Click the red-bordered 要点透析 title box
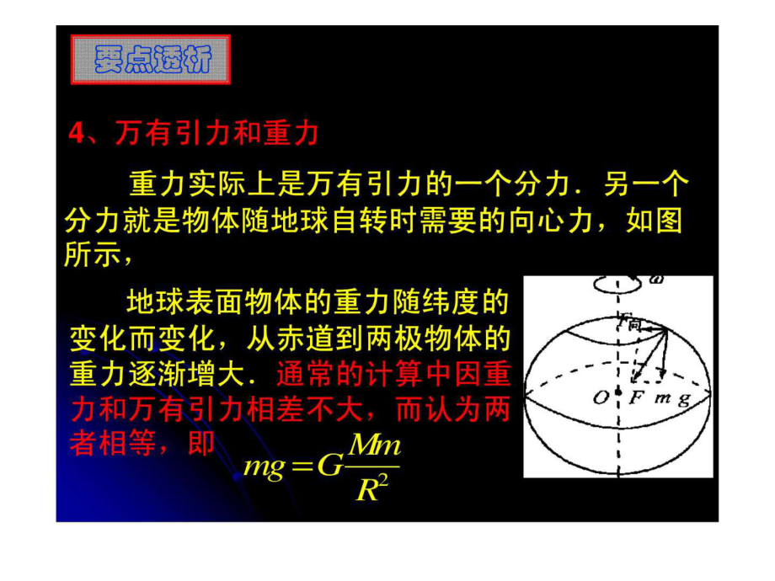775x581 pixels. pyautogui.click(x=151, y=59)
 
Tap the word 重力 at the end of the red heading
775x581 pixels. pyautogui.click(x=291, y=133)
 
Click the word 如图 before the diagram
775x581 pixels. pyautogui.click(x=654, y=220)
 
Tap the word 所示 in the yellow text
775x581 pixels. pyautogui.click(x=93, y=255)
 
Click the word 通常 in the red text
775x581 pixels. pyautogui.click(x=304, y=374)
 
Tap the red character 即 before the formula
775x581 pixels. pyautogui.click(x=201, y=442)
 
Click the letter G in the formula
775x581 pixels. pyautogui.click(x=329, y=465)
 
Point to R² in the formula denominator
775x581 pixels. pyautogui.click(x=372, y=488)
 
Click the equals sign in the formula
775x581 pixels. pyautogui.click(x=302, y=466)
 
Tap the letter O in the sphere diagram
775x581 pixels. pyautogui.click(x=601, y=397)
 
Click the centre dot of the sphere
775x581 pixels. pyautogui.click(x=617, y=392)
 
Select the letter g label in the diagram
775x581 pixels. pyautogui.click(x=684, y=399)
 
